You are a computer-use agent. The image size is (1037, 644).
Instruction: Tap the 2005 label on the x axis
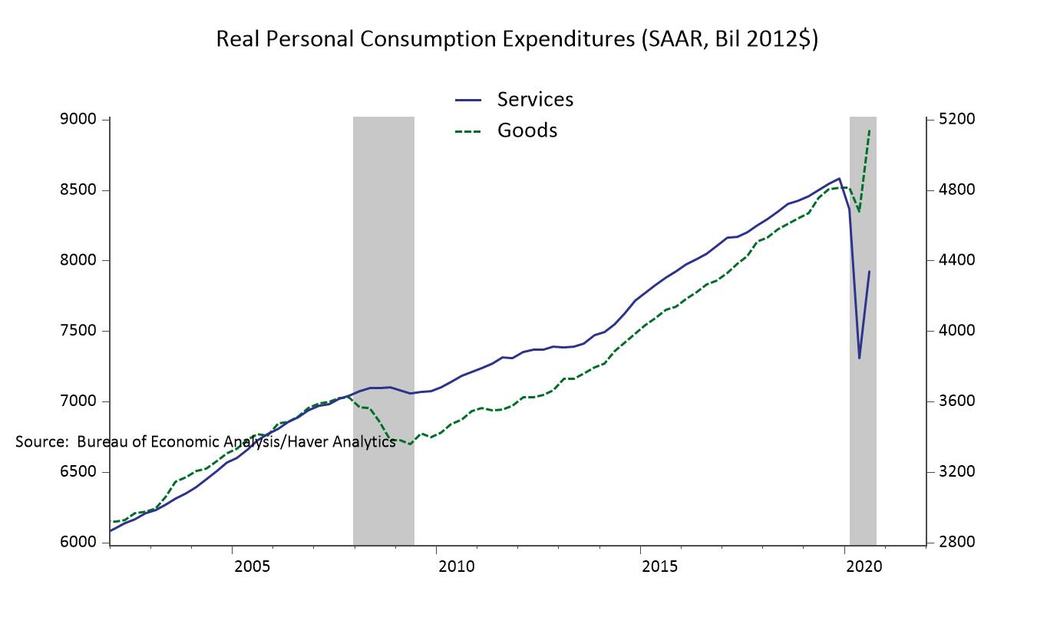click(252, 567)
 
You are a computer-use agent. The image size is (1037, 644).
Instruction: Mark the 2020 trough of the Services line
click(859, 358)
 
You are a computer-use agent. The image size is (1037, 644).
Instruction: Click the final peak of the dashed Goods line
click(869, 130)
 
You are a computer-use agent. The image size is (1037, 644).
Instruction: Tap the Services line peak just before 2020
click(839, 178)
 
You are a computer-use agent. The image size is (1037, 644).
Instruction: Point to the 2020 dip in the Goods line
click(859, 212)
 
